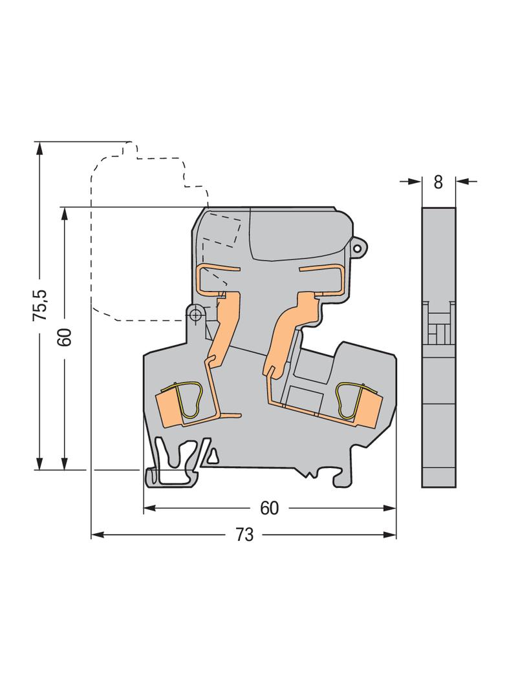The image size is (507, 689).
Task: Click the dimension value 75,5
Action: (x=40, y=304)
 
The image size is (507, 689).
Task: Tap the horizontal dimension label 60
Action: (x=270, y=508)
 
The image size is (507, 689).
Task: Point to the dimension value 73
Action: (x=244, y=535)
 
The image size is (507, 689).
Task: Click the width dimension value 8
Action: (x=438, y=182)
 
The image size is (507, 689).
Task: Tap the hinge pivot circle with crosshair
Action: (x=195, y=313)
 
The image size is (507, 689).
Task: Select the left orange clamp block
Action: (x=168, y=407)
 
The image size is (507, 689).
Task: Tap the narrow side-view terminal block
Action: (x=438, y=347)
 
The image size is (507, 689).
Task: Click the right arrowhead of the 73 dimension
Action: (x=389, y=535)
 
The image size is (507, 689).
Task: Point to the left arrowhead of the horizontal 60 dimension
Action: (x=151, y=508)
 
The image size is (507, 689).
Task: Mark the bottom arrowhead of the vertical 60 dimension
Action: (x=65, y=463)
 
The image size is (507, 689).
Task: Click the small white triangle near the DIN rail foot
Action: (x=213, y=457)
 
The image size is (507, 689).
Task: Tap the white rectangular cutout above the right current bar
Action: (x=305, y=398)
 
